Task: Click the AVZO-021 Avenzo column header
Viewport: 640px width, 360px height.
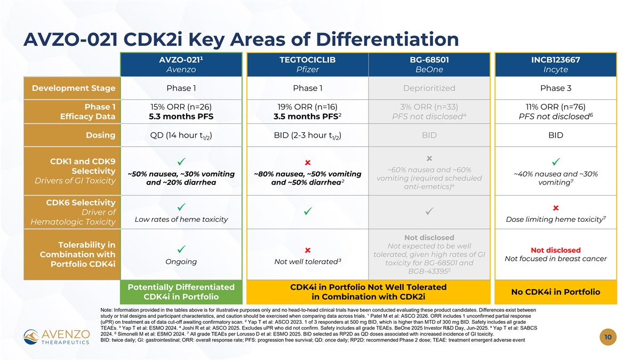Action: (181, 65)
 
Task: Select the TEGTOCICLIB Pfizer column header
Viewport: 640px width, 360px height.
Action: (308, 65)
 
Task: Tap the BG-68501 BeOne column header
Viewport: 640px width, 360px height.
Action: (429, 65)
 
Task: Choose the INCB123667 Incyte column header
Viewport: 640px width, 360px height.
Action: (556, 65)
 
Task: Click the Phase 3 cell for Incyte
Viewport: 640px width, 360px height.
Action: (556, 88)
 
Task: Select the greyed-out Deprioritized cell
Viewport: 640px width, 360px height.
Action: (429, 88)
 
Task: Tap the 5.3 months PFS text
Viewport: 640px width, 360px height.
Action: (181, 117)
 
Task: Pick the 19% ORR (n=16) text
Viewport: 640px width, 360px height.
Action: (307, 107)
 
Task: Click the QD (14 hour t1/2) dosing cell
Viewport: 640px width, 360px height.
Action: (181, 135)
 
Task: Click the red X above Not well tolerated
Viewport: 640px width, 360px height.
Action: (308, 250)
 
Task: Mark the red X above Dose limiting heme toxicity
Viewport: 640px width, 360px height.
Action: (556, 208)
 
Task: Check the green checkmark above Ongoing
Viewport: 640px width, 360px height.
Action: (181, 249)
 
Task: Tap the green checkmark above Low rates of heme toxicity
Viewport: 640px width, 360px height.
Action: (181, 207)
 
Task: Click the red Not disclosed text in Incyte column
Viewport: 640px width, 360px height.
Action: (556, 250)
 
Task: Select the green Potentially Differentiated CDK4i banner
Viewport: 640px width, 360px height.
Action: (181, 292)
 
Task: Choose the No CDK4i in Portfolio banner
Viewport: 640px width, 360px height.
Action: (556, 292)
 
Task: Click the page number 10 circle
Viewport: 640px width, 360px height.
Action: (608, 337)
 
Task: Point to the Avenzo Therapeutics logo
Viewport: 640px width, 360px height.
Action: (57, 337)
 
